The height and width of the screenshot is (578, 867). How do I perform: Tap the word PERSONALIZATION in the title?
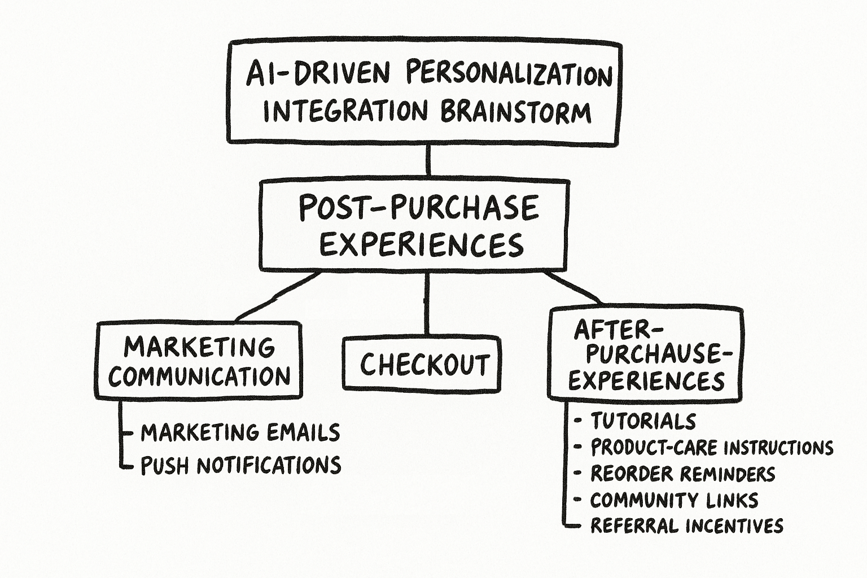(509, 75)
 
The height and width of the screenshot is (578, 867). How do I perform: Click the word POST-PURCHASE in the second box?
(418, 207)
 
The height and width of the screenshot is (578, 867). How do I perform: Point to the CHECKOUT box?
(422, 364)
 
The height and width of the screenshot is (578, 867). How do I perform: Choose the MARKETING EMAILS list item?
(240, 433)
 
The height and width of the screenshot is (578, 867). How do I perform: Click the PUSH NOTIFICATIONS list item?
(240, 466)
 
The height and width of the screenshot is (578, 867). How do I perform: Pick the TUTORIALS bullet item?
(643, 421)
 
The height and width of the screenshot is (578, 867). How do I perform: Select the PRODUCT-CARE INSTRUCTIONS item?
(712, 448)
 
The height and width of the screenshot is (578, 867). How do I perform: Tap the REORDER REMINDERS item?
(682, 474)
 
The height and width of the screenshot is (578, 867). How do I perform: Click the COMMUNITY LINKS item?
(674, 501)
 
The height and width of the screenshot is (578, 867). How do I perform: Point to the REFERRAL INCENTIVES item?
(686, 526)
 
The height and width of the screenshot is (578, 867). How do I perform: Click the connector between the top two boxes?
(428, 160)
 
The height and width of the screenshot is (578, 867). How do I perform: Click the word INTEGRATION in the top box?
(345, 111)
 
